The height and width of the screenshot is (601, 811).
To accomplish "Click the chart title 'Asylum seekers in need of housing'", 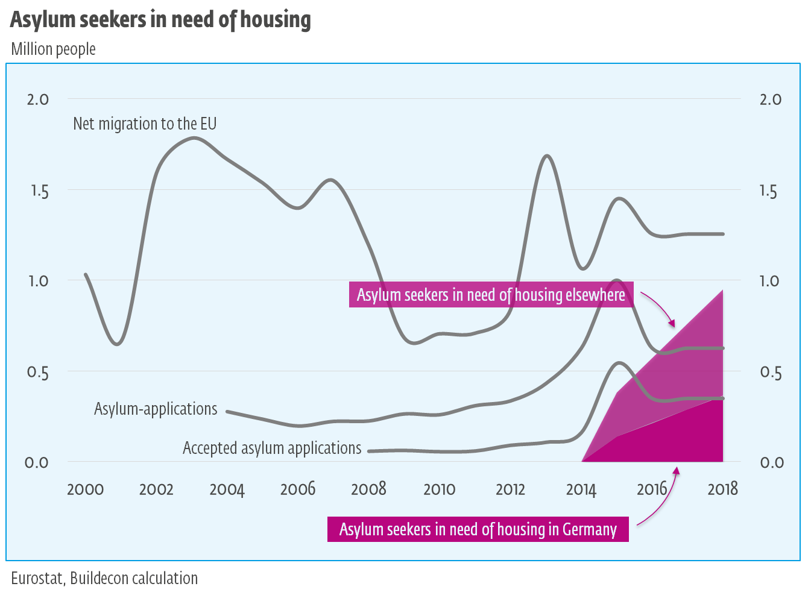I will (160, 19).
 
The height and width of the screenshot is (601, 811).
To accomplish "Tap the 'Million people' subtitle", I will (53, 49).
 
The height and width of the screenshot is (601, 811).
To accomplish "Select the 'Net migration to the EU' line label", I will (145, 124).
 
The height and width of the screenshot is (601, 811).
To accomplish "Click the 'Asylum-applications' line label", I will (156, 409).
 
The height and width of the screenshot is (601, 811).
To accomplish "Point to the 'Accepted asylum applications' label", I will (272, 448).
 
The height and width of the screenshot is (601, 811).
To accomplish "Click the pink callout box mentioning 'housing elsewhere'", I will (491, 295).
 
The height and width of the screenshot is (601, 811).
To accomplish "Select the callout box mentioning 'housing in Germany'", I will (478, 529).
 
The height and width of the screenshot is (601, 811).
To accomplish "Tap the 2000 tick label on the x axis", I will (85, 489).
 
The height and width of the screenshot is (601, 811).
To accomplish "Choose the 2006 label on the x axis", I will (298, 489).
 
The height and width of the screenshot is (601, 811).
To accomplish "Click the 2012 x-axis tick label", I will (510, 489).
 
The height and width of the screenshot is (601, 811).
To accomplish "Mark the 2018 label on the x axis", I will (722, 489).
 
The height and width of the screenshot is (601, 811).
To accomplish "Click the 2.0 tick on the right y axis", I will (770, 99).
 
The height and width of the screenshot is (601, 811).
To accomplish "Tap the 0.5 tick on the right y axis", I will (770, 373).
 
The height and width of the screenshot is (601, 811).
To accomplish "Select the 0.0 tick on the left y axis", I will (37, 463).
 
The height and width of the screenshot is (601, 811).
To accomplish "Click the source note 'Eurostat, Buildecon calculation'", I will (104, 578).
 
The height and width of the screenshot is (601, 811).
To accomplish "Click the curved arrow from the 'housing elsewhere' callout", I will (660, 307).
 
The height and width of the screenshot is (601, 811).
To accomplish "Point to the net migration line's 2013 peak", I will (546, 156).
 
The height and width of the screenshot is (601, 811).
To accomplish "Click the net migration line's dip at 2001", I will (118, 344).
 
